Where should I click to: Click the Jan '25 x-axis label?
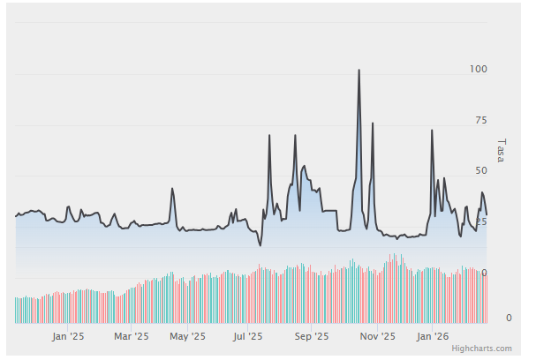(68, 336)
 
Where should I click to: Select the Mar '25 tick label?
(130, 336)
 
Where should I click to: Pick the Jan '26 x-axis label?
(432, 336)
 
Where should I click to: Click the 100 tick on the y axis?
(479, 69)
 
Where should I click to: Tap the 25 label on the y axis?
(481, 221)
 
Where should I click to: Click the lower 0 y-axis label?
(484, 318)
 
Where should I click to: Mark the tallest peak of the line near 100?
(359, 70)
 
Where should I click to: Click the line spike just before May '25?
(172, 189)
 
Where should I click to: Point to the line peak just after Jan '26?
(432, 131)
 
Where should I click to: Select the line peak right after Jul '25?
(269, 134)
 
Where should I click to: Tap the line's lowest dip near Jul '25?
(260, 245)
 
